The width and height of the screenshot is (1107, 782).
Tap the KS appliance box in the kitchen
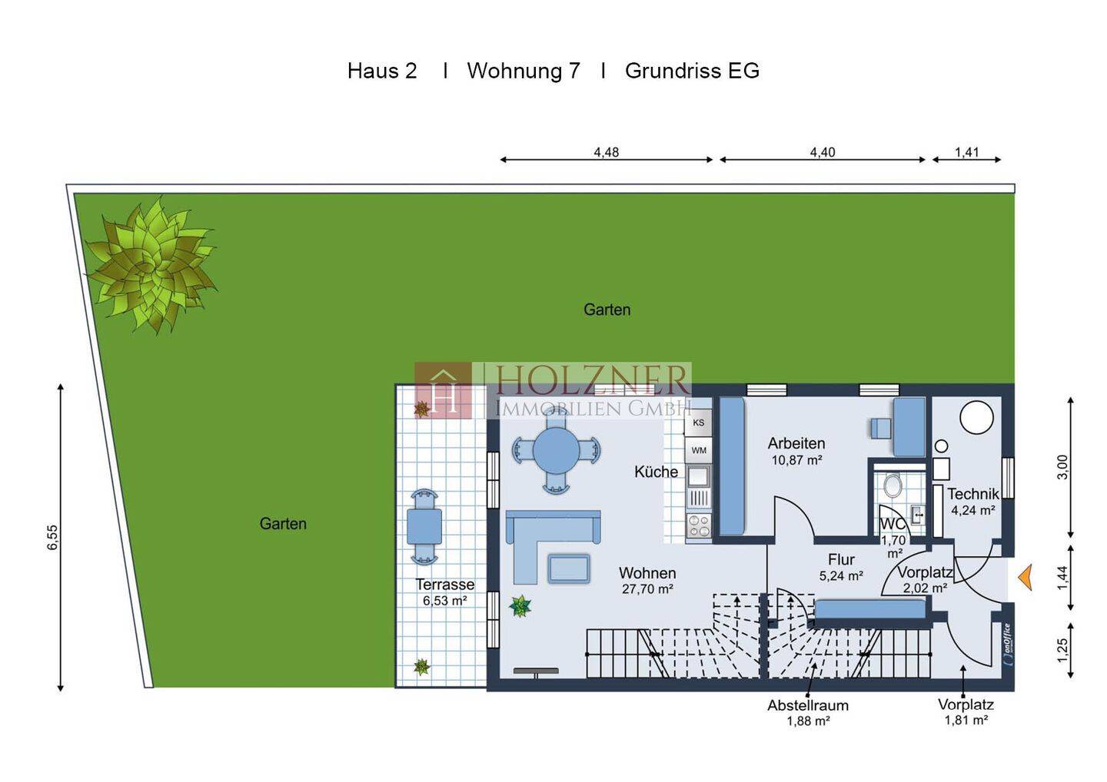[698, 422]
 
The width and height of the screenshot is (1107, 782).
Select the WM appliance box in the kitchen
[698, 450]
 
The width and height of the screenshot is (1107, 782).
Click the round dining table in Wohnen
[557, 451]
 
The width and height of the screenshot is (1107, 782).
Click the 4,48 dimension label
[607, 152]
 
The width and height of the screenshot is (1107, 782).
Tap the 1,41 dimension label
[966, 152]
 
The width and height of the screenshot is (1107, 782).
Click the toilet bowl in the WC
[893, 485]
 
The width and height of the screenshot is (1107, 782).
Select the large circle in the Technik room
[976, 417]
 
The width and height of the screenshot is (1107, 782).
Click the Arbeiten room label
[796, 443]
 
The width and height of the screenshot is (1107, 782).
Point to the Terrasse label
[445, 585]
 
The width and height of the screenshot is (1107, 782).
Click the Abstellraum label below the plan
[807, 705]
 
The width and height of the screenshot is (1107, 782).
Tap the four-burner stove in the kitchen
[698, 525]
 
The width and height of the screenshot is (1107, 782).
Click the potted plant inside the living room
[520, 606]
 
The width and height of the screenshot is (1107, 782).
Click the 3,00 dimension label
[1062, 467]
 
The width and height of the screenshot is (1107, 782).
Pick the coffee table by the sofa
[569, 568]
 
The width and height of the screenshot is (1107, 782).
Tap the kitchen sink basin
[698, 476]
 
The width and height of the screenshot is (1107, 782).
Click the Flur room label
[841, 559]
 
